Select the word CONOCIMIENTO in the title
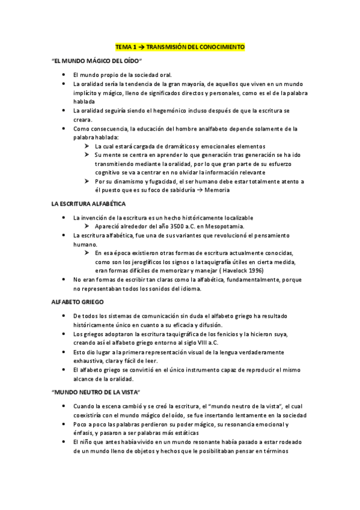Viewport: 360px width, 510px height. tap(222, 46)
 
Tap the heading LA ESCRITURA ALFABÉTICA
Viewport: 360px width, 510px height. tap(90, 204)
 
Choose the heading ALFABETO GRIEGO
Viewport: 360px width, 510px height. tap(78, 302)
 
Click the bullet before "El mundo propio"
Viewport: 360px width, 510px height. tap(64, 75)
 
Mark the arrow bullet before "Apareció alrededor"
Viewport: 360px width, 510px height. tap(87, 226)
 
